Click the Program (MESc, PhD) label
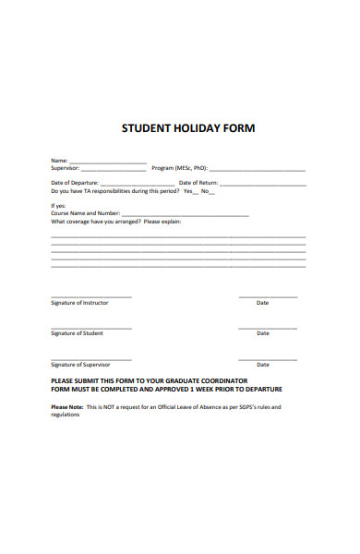click(180, 169)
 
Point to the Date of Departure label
click(74, 183)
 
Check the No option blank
click(211, 192)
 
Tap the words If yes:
click(58, 205)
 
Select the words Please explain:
click(162, 222)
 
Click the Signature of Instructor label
click(79, 303)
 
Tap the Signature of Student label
click(77, 333)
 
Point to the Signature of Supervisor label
click(81, 364)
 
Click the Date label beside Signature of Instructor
click(263, 303)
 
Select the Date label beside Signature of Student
click(263, 333)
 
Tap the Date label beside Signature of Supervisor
click(263, 364)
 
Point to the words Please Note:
click(67, 406)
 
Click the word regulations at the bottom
click(66, 414)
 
